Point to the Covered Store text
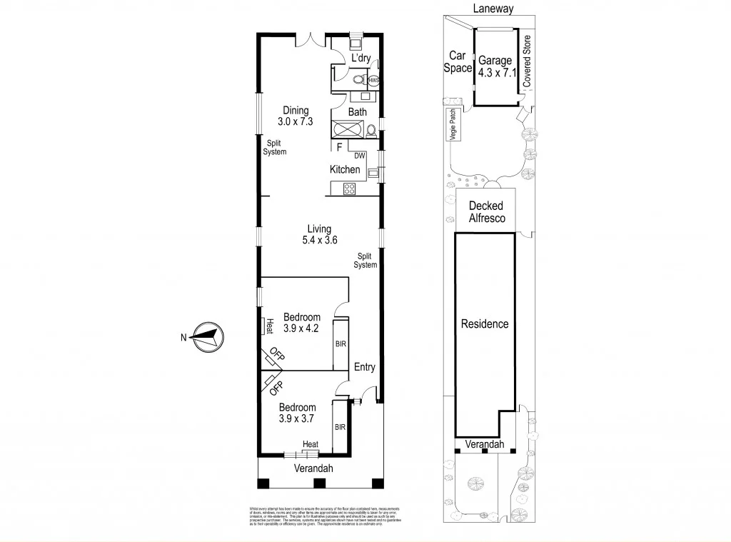528,61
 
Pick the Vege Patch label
452,126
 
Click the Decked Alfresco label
487,212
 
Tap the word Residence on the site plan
485,323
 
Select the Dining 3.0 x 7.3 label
296,116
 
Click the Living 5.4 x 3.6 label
319,235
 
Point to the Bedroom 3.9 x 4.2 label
302,323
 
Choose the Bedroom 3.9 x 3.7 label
297,413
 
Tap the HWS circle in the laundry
373,81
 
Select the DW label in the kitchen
360,155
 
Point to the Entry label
365,367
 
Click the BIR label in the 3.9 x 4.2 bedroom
341,343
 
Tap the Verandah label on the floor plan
313,468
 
